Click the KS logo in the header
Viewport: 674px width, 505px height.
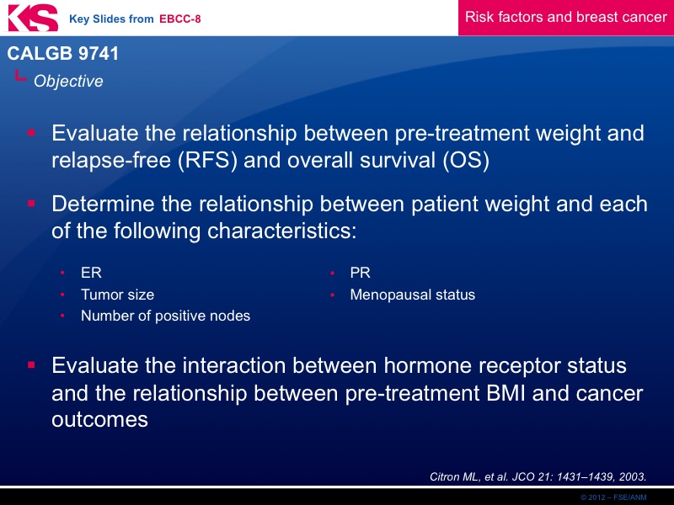coord(33,18)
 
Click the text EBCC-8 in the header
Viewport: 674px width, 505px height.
coord(179,19)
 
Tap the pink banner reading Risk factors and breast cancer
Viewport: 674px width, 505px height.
coord(565,18)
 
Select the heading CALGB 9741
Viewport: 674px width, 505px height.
coord(62,53)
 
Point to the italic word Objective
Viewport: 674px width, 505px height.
coord(68,81)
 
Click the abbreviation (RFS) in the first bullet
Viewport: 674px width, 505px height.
coord(207,160)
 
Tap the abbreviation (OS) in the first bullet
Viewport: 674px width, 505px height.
coord(466,160)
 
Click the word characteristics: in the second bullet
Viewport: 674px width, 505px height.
coord(282,231)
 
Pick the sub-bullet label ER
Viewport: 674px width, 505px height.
coord(91,273)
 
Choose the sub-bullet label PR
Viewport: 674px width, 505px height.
coord(361,273)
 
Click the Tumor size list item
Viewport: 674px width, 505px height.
coord(118,295)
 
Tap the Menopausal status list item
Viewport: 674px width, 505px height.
coord(413,295)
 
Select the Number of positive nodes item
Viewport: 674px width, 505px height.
coord(165,316)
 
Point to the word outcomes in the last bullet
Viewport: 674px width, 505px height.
coord(99,420)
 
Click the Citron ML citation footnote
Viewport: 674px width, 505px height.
coord(538,476)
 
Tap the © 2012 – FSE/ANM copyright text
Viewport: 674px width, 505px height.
coord(613,497)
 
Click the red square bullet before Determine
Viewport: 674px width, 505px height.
coord(31,203)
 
